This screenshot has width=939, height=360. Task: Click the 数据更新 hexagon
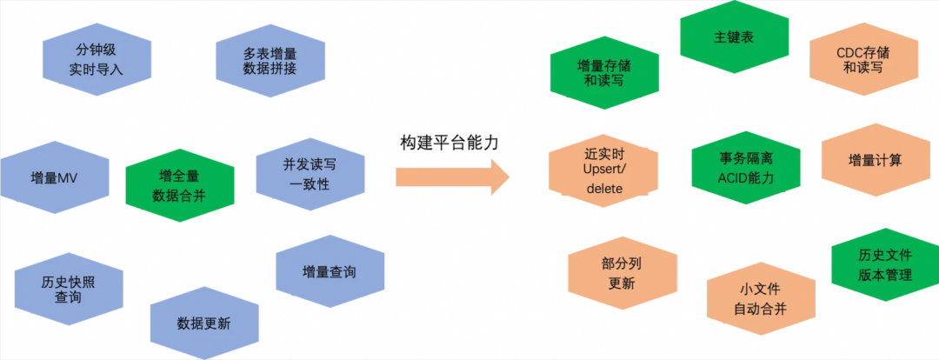coord(203,323)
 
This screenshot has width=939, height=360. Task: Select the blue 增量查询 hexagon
coord(329,272)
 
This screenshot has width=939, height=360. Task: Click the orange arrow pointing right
coord(451,177)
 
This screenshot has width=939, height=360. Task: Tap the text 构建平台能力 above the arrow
coord(450,143)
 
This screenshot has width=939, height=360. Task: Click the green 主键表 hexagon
coord(733,39)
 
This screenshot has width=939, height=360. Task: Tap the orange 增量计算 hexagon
coord(875,160)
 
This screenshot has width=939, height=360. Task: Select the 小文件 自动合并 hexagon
coord(761,298)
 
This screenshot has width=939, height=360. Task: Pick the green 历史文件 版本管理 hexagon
coord(885,264)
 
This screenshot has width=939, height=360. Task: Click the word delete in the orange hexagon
coord(604,189)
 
